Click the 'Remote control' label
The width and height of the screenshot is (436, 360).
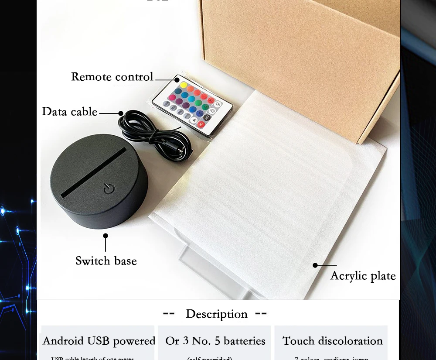(x=112, y=77)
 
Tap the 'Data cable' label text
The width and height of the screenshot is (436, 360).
(x=69, y=112)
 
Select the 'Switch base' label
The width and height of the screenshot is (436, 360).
(x=106, y=261)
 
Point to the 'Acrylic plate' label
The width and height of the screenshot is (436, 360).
(x=363, y=276)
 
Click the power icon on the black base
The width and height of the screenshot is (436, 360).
(x=109, y=189)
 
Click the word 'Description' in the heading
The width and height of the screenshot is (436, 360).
(x=216, y=314)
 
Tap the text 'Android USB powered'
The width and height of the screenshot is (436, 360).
(x=99, y=341)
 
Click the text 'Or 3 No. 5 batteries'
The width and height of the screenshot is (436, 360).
(x=215, y=341)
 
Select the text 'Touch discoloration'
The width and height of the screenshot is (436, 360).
(x=333, y=341)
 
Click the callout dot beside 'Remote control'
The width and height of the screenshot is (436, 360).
(x=177, y=80)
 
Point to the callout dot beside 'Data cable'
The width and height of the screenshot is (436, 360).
(x=121, y=113)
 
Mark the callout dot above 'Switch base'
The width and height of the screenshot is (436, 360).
(x=106, y=236)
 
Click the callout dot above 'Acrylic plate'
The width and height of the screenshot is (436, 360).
(x=315, y=265)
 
